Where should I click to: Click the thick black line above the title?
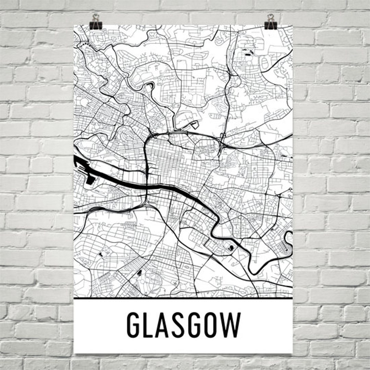coord(183,298)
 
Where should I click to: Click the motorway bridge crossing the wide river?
coord(147,185)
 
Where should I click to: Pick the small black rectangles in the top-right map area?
coord(248,52)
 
